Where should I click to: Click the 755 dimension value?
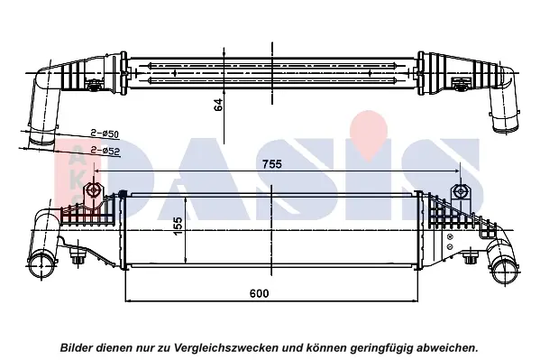pyautogui.click(x=272, y=164)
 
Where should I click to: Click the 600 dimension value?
pyautogui.click(x=259, y=293)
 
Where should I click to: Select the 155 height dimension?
pyautogui.click(x=178, y=226)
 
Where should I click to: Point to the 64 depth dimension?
pyautogui.click(x=218, y=105)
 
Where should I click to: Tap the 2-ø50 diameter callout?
pyautogui.click(x=105, y=134)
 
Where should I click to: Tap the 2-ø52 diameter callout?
pyautogui.click(x=105, y=151)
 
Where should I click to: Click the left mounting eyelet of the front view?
pyautogui.click(x=93, y=190)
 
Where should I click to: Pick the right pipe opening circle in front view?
pyautogui.click(x=504, y=271)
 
